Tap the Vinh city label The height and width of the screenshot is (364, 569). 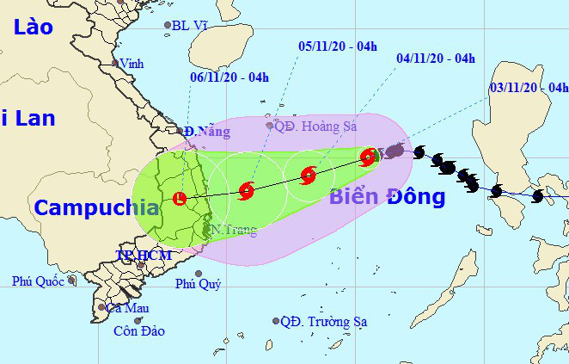click(x=132, y=64)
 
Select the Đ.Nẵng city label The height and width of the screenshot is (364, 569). click(x=206, y=132)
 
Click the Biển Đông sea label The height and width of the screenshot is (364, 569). click(x=387, y=197)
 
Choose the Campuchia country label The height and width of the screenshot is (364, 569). click(x=96, y=207)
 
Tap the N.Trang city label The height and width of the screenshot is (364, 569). click(x=232, y=231)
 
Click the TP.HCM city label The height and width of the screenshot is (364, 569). click(x=144, y=256)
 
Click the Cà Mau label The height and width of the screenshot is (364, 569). click(x=128, y=307)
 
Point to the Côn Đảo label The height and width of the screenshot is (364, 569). click(x=140, y=330)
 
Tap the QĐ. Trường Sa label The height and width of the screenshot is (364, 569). click(x=324, y=322)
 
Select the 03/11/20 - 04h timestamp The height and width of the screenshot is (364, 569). click(x=529, y=87)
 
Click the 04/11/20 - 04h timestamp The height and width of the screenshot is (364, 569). click(x=436, y=59)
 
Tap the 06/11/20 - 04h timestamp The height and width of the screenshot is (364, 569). click(x=229, y=77)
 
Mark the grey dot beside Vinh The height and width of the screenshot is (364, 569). click(x=114, y=63)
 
